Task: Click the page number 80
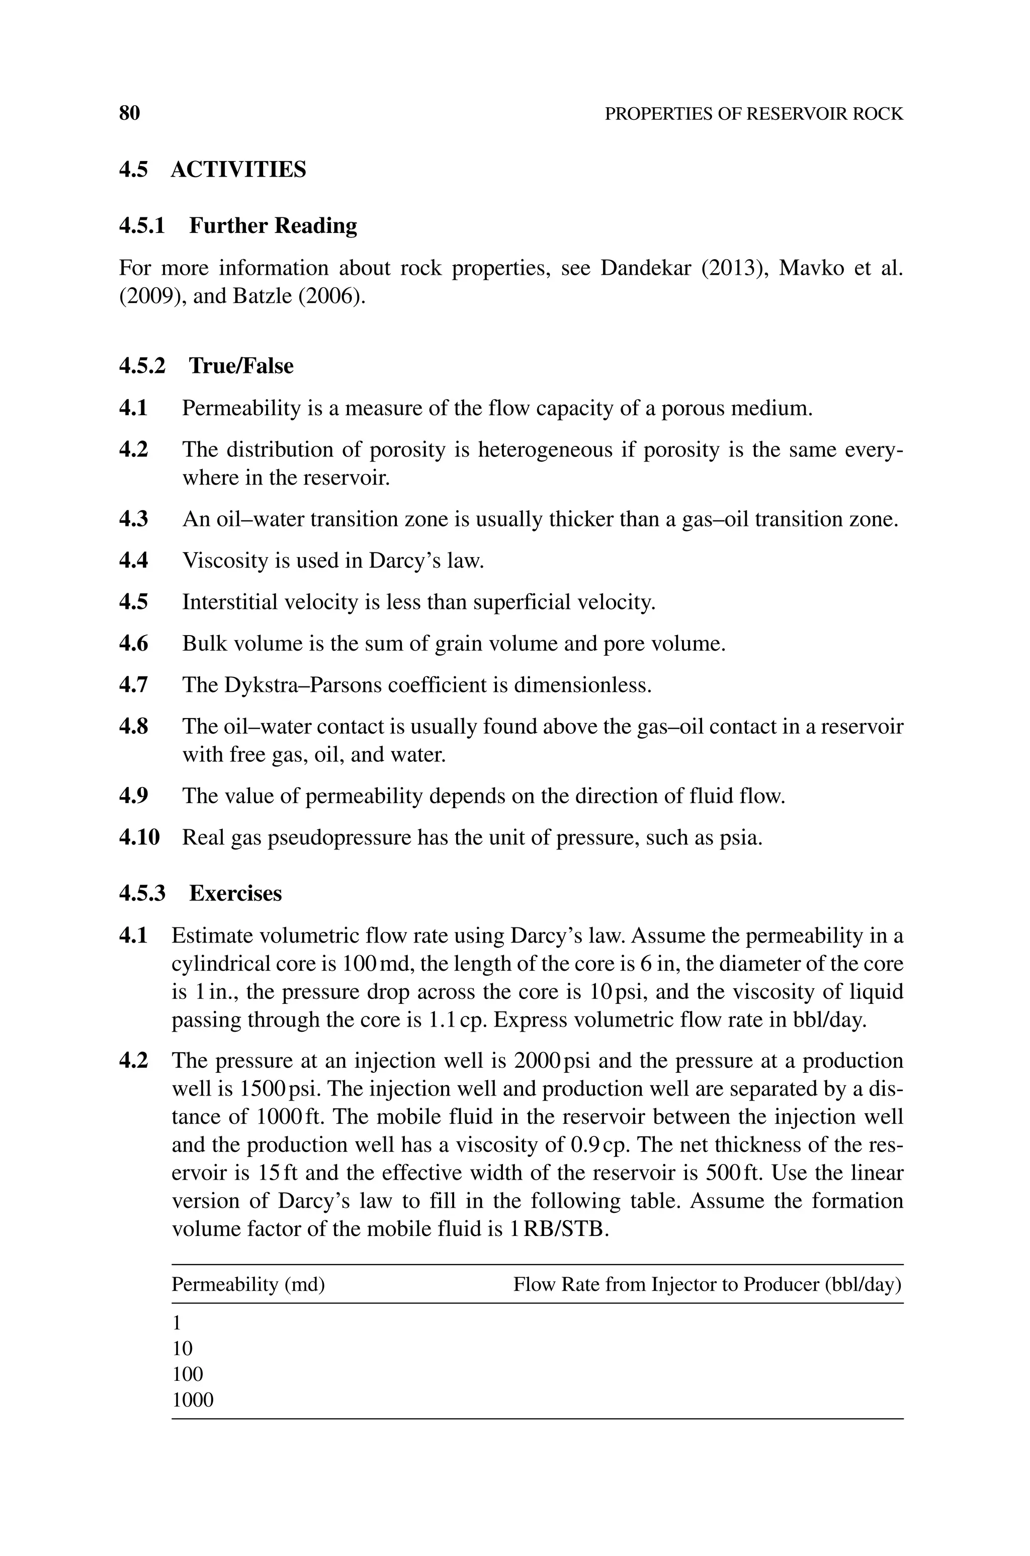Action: (129, 114)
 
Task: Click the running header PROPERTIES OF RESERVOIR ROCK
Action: (753, 114)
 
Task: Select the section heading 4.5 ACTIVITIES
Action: (212, 170)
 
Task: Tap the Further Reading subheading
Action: (273, 226)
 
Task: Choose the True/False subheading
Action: (240, 366)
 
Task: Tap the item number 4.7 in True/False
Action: (133, 685)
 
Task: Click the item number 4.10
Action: (139, 838)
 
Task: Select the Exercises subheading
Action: (235, 894)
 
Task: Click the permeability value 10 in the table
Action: (182, 1348)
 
